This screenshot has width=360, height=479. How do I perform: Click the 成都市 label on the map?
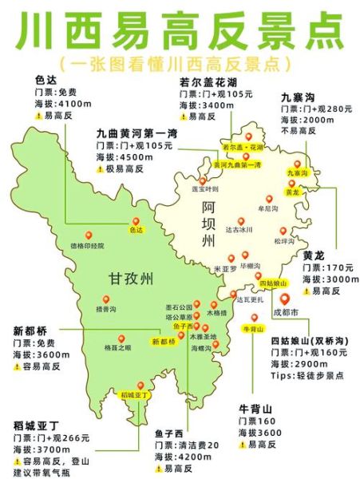[x=286, y=311]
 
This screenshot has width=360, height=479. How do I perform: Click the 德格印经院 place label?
[x=88, y=245]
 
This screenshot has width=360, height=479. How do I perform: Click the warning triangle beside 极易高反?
[x=100, y=169]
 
